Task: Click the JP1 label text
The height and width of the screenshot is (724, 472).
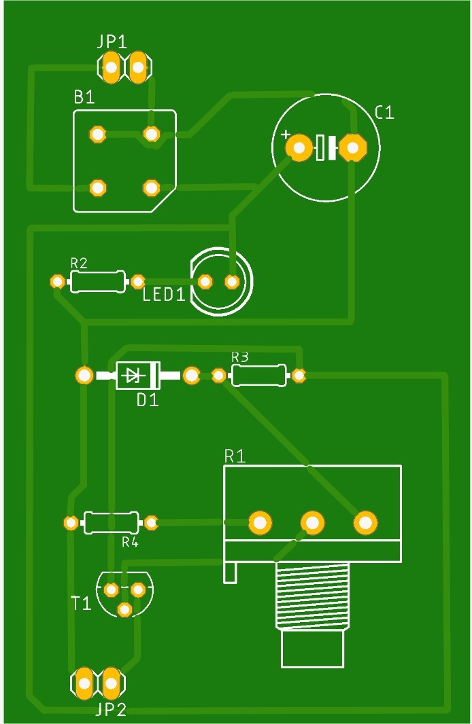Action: [112, 42]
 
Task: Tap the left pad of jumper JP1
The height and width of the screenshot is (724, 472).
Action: [111, 67]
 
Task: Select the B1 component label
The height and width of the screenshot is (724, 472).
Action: [84, 97]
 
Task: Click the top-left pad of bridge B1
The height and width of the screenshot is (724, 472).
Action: [97, 134]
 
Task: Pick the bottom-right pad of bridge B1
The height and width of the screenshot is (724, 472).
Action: [151, 188]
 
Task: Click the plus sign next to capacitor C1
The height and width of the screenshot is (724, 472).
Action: [286, 134]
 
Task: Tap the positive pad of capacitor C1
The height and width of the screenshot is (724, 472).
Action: [299, 148]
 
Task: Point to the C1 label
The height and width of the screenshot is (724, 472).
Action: [385, 113]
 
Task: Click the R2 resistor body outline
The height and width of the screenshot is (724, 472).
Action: [97, 282]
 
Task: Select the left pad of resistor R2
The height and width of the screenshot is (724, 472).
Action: [57, 282]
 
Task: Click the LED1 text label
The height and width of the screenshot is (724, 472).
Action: [164, 295]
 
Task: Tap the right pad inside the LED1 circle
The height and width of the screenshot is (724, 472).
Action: [232, 282]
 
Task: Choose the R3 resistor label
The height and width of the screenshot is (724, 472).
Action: [240, 357]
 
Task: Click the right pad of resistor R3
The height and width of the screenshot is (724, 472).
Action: [299, 376]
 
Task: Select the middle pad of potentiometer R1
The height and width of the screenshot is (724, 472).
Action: [312, 523]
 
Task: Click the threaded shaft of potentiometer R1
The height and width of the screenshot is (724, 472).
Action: [312, 596]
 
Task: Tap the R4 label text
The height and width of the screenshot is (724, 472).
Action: [131, 541]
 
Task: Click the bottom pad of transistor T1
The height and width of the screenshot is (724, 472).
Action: [124, 609]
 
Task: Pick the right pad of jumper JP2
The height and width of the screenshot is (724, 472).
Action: [111, 683]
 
